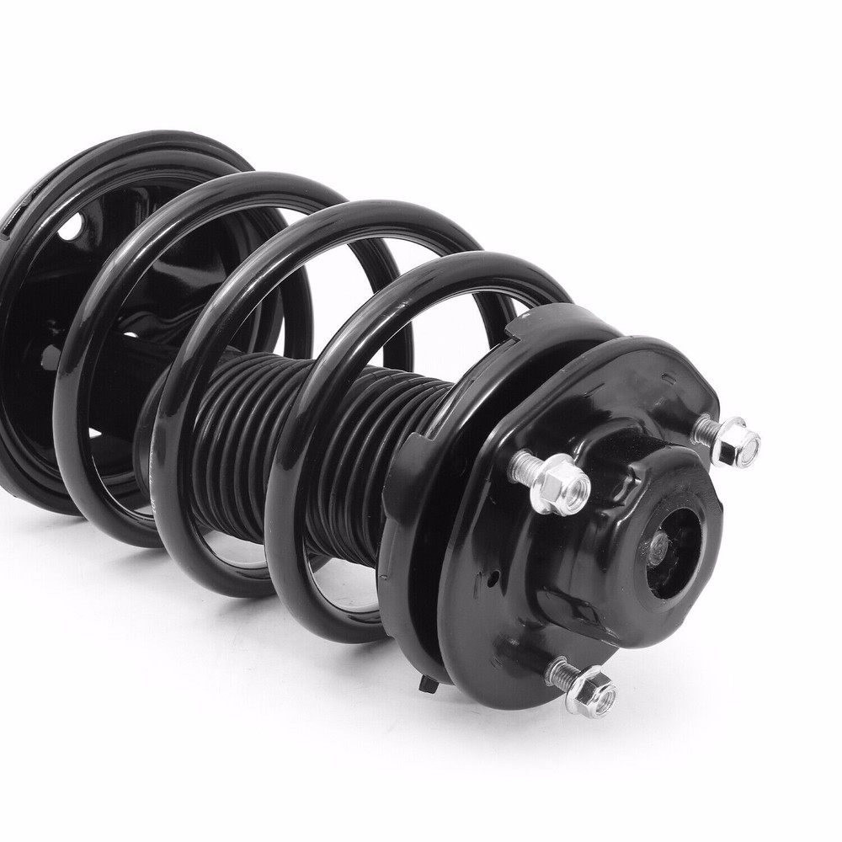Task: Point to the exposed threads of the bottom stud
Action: (x=562, y=674)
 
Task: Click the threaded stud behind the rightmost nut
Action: (x=706, y=432)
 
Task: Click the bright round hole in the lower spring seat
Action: (x=74, y=226)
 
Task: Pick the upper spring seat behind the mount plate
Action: (x=413, y=522)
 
